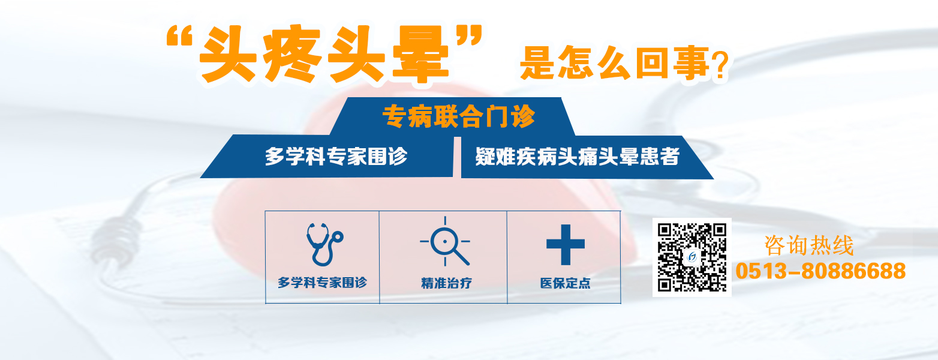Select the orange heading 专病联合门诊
[458, 116]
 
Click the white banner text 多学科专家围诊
[336, 156]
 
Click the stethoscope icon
[323, 244]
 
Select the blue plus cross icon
[565, 244]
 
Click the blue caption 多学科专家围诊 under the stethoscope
[322, 282]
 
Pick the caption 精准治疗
[446, 283]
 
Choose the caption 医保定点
[565, 283]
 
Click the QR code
[692, 257]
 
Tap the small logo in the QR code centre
[692, 257]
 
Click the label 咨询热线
[808, 246]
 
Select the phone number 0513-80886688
[820, 271]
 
